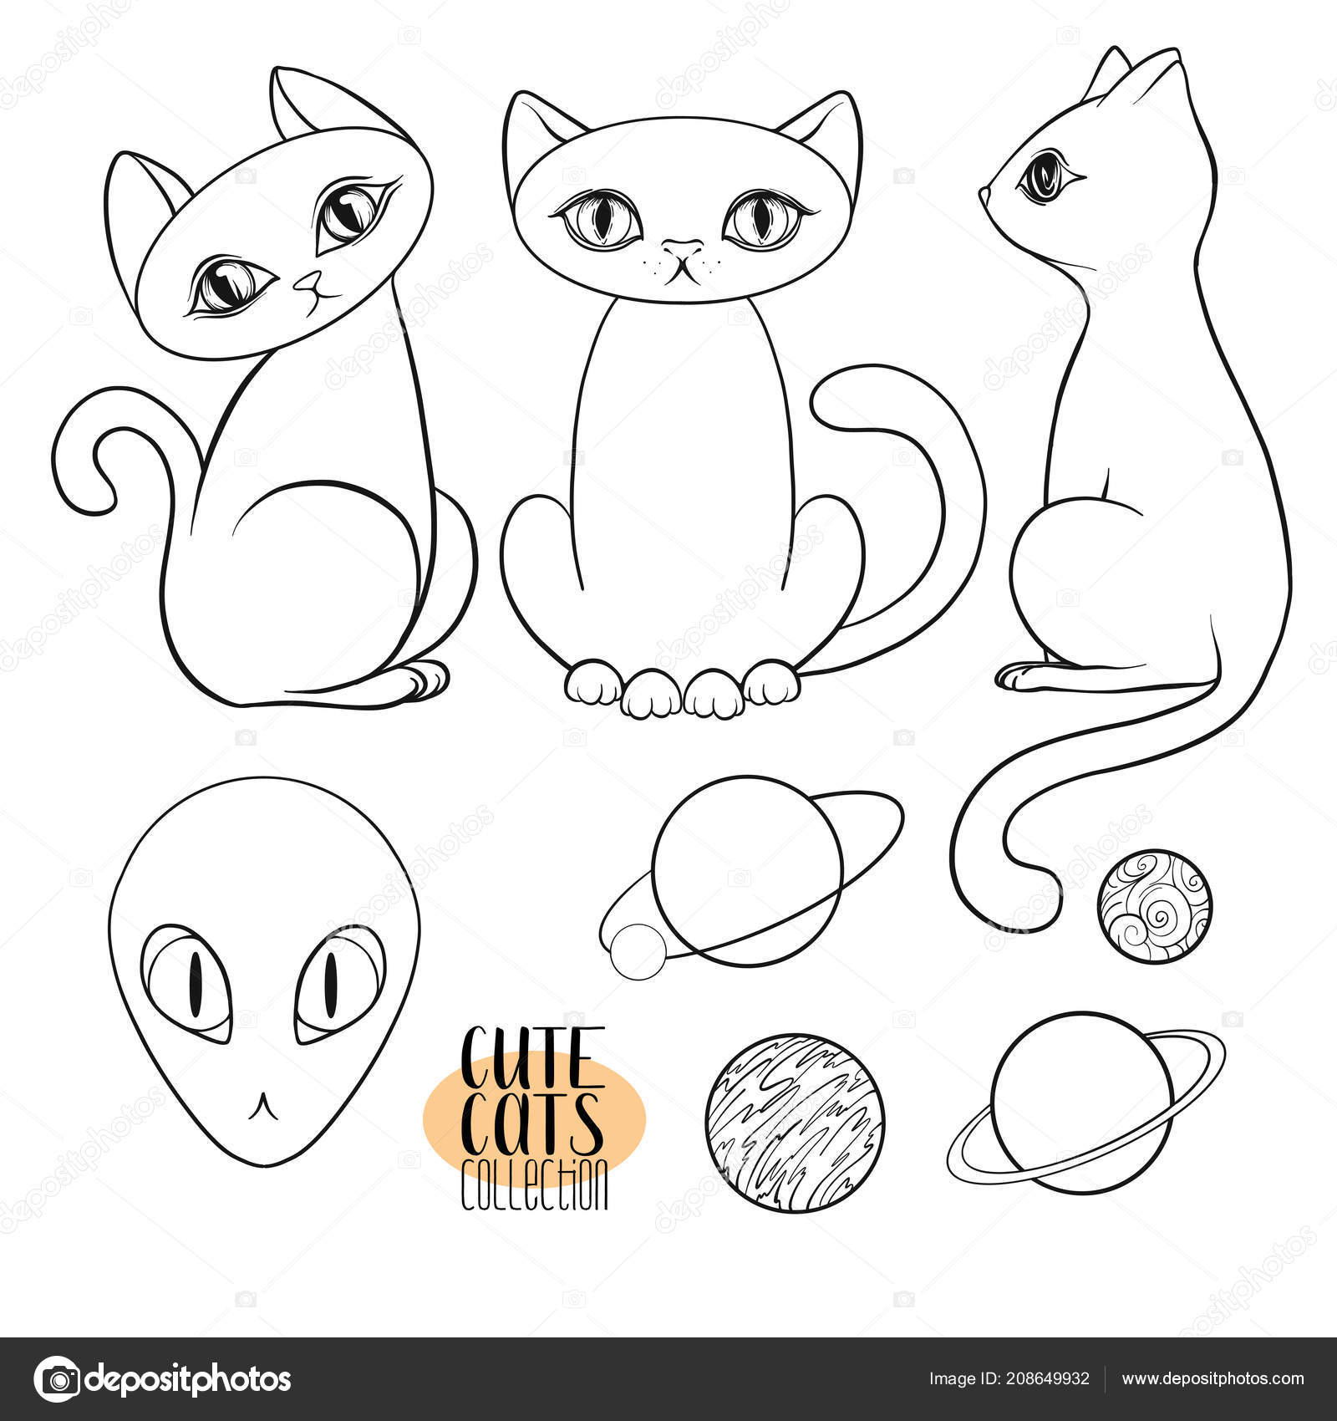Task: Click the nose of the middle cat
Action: pyautogui.click(x=683, y=248)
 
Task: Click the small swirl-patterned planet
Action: pyautogui.click(x=1154, y=907)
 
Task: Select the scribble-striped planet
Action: pyautogui.click(x=794, y=1123)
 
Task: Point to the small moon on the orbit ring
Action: pyautogui.click(x=638, y=951)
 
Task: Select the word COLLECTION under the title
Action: pyautogui.click(x=535, y=1182)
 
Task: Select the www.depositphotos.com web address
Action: pyautogui.click(x=1212, y=1378)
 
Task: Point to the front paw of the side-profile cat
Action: pyautogui.click(x=1024, y=675)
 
